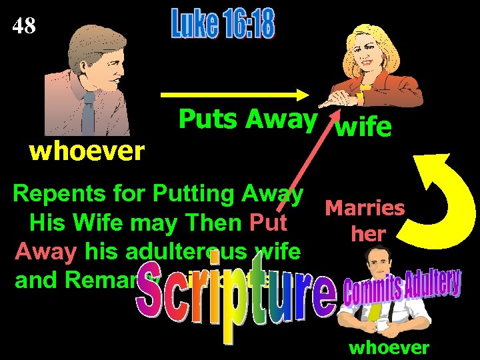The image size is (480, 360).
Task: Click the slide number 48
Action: pyautogui.click(x=25, y=27)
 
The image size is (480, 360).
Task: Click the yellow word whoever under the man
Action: pyautogui.click(x=87, y=152)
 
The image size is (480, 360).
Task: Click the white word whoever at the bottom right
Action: pyautogui.click(x=389, y=347)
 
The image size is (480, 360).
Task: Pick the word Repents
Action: pyautogui.click(x=53, y=195)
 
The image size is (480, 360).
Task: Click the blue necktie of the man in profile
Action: pyautogui.click(x=89, y=113)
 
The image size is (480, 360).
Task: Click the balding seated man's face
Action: pyautogui.click(x=379, y=280)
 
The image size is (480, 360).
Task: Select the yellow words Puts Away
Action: pyautogui.click(x=247, y=120)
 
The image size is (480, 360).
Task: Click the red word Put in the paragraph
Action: pyautogui.click(x=269, y=221)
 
